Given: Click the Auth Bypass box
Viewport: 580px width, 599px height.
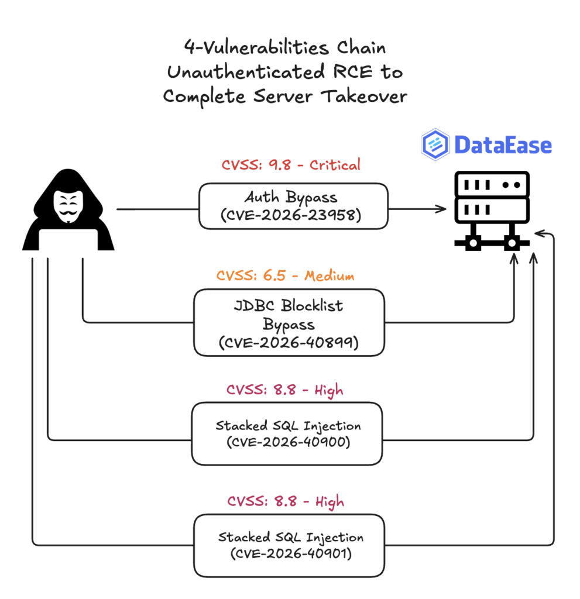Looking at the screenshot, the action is click(x=293, y=206).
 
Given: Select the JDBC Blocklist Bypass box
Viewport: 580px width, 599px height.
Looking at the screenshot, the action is click(x=289, y=323).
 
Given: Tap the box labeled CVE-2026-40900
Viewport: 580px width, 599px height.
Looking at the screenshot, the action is click(x=287, y=433).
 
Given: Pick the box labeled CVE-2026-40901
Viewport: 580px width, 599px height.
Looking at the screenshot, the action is click(x=289, y=546).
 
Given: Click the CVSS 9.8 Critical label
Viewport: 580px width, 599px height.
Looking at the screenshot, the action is click(x=291, y=165).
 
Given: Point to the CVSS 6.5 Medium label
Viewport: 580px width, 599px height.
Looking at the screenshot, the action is click(x=285, y=276).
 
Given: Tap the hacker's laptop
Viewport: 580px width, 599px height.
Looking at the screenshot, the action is click(x=68, y=239).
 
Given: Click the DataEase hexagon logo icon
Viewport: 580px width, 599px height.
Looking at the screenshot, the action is click(x=435, y=144).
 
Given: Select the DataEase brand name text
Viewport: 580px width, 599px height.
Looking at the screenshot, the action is click(x=503, y=145).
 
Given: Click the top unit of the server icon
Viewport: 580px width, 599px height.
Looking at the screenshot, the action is click(x=492, y=184).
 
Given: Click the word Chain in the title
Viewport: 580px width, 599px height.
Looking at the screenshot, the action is click(x=361, y=48).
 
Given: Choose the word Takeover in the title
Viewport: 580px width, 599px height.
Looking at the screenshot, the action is click(x=364, y=96).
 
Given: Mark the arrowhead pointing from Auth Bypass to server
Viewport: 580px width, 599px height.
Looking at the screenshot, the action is click(x=441, y=209).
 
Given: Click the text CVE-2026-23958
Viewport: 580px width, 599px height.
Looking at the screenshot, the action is click(x=291, y=215).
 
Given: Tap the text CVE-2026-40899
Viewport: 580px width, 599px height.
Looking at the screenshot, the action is click(x=289, y=342).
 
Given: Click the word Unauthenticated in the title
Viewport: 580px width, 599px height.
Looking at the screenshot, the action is click(x=246, y=72).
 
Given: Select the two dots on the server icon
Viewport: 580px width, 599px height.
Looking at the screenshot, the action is click(x=512, y=185).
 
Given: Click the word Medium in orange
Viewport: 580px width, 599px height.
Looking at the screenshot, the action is click(x=330, y=276).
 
